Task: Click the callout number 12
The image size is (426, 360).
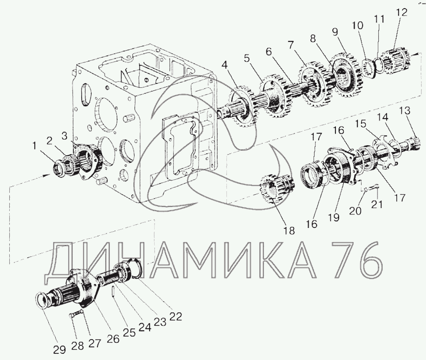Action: tap(402, 13)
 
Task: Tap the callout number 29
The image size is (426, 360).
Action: tap(59, 349)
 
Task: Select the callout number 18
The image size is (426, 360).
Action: tap(289, 231)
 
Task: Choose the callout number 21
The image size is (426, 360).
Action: tap(377, 204)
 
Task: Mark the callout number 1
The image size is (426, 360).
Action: tap(34, 146)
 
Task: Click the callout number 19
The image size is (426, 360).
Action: tap(334, 217)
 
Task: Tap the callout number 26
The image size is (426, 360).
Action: tap(113, 338)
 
